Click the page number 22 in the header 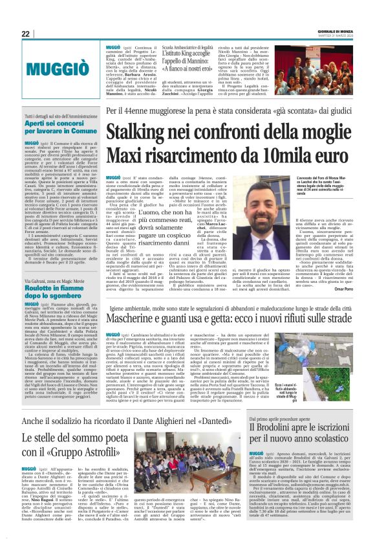(x=26, y=33)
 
